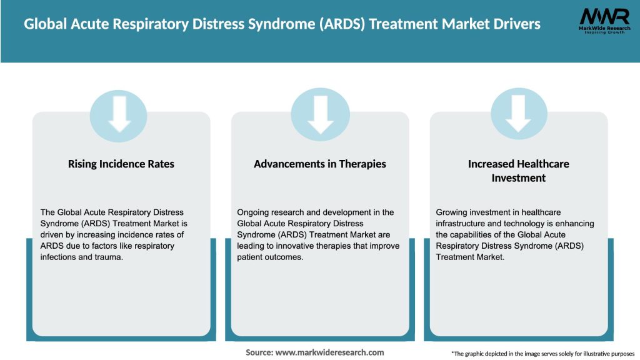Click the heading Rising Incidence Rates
click(121, 164)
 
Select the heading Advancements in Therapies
click(320, 164)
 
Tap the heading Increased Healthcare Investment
click(518, 171)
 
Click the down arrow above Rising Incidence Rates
click(119, 113)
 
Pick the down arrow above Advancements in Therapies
click(320, 113)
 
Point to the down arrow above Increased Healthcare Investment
click(518, 113)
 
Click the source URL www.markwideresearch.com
click(330, 352)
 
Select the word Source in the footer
click(259, 352)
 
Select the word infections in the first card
click(57, 257)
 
